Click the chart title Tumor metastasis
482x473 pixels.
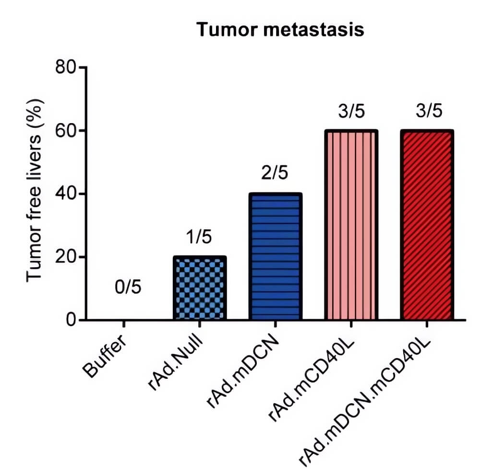[x=280, y=30]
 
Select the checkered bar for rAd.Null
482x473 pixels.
[x=199, y=288]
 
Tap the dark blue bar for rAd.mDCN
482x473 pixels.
[x=276, y=257]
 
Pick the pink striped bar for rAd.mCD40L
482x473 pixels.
[x=351, y=225]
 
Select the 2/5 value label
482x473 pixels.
[x=275, y=173]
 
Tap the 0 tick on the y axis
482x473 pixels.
[x=71, y=320]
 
